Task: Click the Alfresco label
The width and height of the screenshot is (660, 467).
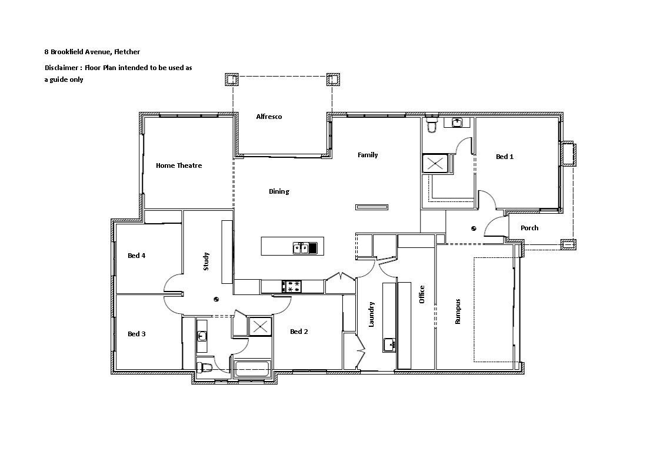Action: [269, 117]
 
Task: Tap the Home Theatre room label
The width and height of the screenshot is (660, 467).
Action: [179, 165]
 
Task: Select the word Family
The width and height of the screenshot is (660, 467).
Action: [368, 155]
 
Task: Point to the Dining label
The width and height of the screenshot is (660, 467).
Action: [279, 191]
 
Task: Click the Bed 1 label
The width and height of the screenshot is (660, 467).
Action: [504, 157]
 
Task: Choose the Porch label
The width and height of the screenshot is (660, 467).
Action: [529, 228]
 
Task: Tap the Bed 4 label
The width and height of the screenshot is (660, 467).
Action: [136, 256]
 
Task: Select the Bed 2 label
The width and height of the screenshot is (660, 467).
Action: [299, 332]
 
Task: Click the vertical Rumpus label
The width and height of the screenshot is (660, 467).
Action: [458, 311]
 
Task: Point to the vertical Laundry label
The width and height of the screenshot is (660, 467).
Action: [371, 314]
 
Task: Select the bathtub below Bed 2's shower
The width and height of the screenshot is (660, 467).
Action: [252, 370]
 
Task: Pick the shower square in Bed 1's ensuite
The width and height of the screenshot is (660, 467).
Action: [436, 164]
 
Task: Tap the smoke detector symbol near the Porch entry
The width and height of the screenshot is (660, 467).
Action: [474, 228]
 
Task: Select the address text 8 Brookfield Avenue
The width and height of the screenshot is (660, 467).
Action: [77, 52]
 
